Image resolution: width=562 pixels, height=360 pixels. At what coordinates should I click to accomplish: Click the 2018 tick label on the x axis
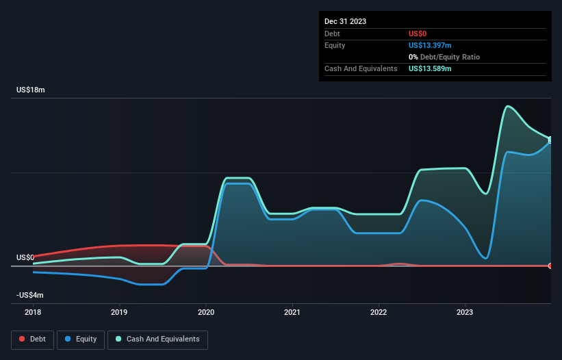[33, 313]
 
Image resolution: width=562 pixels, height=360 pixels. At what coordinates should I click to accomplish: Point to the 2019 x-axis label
[119, 313]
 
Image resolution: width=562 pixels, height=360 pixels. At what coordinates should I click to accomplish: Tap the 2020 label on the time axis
[206, 313]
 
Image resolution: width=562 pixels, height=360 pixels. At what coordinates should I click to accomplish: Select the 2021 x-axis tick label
[292, 313]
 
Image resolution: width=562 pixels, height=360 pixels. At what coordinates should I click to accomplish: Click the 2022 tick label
[379, 313]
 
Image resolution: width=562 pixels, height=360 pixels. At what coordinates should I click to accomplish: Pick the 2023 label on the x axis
[465, 313]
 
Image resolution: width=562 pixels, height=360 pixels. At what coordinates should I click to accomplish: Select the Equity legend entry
[81, 339]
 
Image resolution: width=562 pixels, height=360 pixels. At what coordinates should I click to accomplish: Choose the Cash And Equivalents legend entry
[157, 339]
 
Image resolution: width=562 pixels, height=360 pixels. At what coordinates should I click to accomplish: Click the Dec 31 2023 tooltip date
[345, 21]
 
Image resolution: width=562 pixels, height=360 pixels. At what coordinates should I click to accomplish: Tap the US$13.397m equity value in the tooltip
[430, 45]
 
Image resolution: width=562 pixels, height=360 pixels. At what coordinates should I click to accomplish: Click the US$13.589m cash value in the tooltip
[430, 68]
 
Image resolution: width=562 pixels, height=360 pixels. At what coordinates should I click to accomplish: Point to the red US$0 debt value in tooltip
[418, 34]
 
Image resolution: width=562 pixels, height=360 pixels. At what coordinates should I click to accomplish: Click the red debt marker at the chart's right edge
[550, 266]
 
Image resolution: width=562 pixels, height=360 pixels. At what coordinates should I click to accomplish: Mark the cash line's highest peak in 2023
[507, 106]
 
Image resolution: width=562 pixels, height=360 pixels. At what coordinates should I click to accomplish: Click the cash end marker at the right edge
[550, 140]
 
